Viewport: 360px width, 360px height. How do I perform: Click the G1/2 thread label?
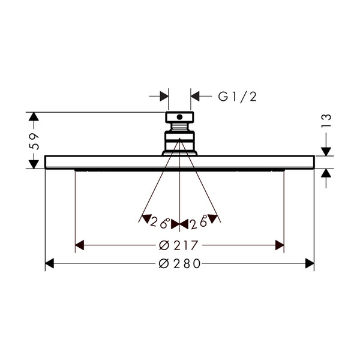(x=237, y=97)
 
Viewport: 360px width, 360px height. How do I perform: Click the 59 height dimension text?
(x=34, y=141)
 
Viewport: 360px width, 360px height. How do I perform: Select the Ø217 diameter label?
(x=178, y=245)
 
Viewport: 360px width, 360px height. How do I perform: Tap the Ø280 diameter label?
(x=180, y=263)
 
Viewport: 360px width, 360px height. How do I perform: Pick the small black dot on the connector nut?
(x=179, y=117)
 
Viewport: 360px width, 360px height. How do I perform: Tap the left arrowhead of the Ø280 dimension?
(x=49, y=263)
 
